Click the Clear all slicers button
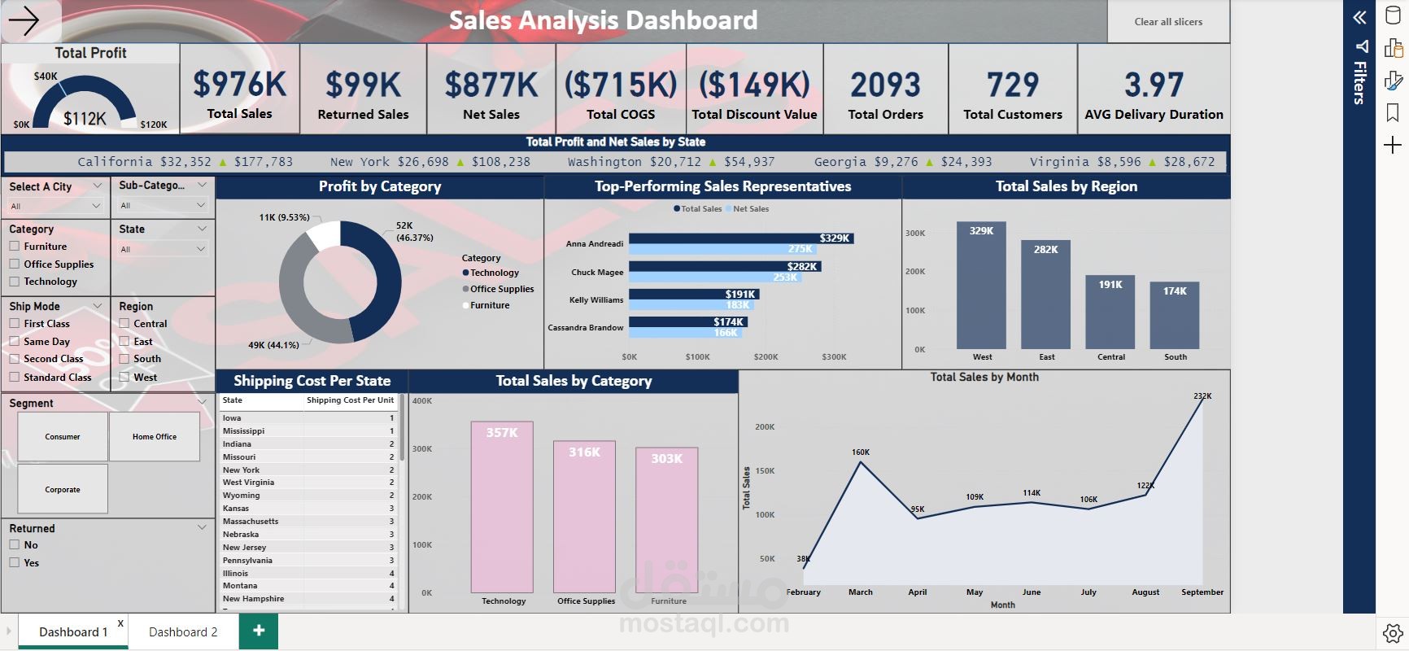(1168, 22)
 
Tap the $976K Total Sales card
(240, 90)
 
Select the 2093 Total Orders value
(885, 85)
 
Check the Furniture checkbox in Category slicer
(15, 247)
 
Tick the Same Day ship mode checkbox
(15, 342)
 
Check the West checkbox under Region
(124, 377)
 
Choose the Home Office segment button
(155, 437)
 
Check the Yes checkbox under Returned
(15, 562)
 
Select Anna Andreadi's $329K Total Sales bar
(740, 238)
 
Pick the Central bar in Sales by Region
(1110, 312)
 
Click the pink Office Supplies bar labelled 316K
(584, 517)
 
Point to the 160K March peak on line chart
(861, 462)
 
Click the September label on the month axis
(1202, 592)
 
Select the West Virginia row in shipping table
(248, 483)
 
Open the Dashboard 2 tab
(183, 632)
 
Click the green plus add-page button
(259, 631)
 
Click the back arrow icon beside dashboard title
(24, 21)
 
